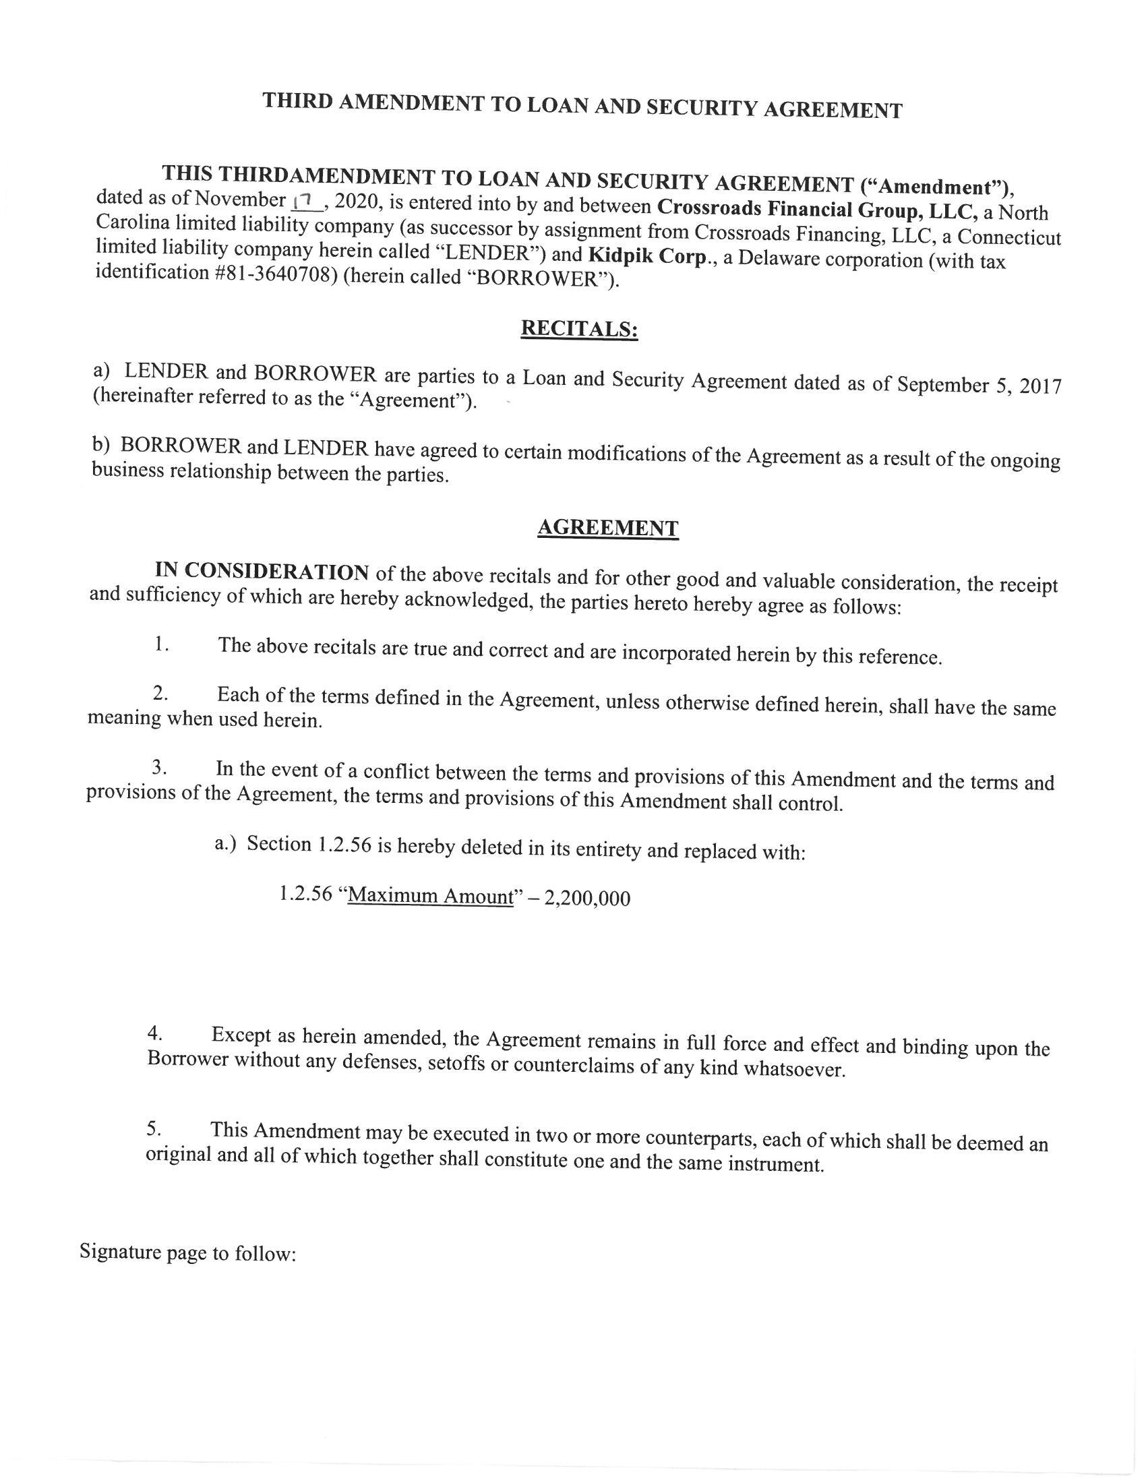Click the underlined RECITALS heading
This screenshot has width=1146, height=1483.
(x=579, y=329)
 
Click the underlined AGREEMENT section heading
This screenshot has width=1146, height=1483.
(x=607, y=528)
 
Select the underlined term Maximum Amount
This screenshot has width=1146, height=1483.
(x=430, y=896)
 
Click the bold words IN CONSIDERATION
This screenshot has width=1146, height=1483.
(x=262, y=572)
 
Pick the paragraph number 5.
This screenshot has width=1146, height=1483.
(x=154, y=1128)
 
